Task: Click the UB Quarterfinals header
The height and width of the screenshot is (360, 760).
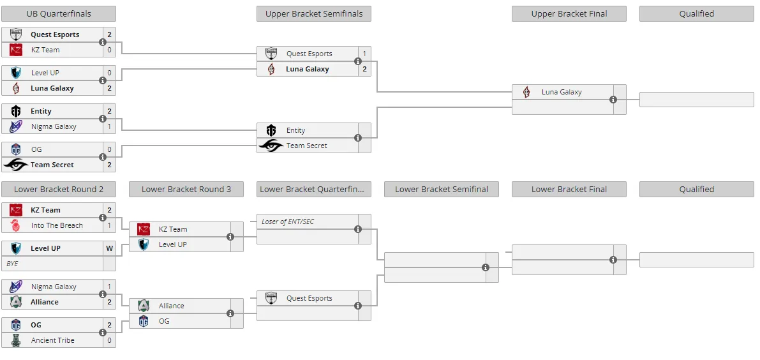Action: pyautogui.click(x=59, y=13)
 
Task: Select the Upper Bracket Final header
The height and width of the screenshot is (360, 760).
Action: pyautogui.click(x=569, y=13)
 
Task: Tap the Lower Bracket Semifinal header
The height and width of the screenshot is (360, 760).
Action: pyautogui.click(x=442, y=189)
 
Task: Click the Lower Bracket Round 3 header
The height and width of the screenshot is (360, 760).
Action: pyautogui.click(x=186, y=189)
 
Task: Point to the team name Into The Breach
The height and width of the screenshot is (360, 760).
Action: pyautogui.click(x=57, y=225)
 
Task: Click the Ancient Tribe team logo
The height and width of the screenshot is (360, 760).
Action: pyautogui.click(x=16, y=340)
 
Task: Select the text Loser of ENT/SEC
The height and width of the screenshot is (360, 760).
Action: pyautogui.click(x=288, y=221)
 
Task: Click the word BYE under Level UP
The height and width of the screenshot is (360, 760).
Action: pyautogui.click(x=12, y=264)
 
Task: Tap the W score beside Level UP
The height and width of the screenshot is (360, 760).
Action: pyautogui.click(x=110, y=248)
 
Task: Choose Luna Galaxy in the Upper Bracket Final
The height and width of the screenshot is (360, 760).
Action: pyautogui.click(x=562, y=92)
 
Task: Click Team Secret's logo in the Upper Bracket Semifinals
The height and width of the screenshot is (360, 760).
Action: pyautogui.click(x=271, y=146)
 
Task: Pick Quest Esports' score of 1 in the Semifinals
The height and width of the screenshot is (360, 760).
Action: pyautogui.click(x=364, y=54)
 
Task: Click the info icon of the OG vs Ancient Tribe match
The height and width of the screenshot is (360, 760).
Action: pyautogui.click(x=103, y=333)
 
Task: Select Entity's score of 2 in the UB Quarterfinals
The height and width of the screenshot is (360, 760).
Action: pyautogui.click(x=110, y=112)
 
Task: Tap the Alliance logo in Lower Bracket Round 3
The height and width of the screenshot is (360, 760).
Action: pyautogui.click(x=144, y=306)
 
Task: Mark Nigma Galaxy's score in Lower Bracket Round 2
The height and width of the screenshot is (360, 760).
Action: pyautogui.click(x=110, y=287)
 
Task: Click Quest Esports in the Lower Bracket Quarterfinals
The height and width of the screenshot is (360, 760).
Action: pyautogui.click(x=309, y=298)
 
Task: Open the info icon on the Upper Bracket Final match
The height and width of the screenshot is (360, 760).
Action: pyautogui.click(x=613, y=100)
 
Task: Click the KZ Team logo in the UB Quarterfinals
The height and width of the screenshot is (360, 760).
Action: pyautogui.click(x=16, y=50)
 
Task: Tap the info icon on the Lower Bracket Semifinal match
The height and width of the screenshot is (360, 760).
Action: pyautogui.click(x=486, y=267)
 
